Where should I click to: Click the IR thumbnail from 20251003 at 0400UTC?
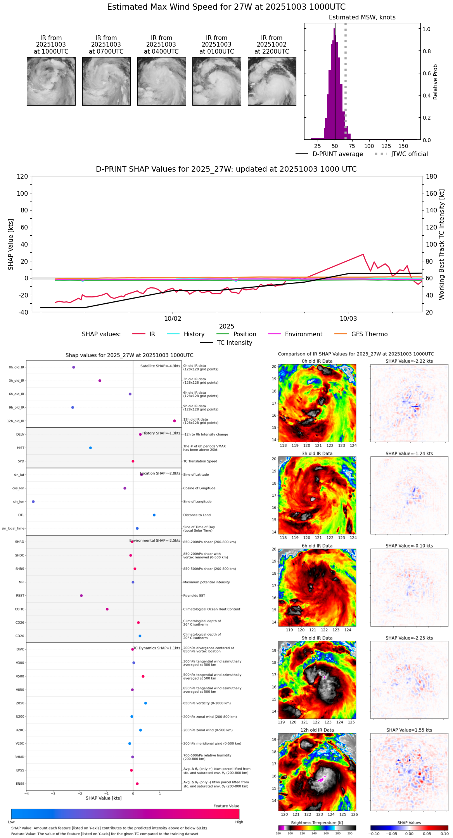tap(161, 81)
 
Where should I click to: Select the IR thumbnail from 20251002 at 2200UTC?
tap(272, 81)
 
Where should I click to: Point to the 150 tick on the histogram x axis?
tap(403, 146)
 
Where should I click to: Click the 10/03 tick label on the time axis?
tap(348, 319)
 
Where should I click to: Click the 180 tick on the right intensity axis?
tap(432, 177)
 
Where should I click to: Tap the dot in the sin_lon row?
tap(33, 502)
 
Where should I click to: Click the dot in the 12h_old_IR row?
tap(175, 421)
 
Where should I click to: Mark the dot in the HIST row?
tap(90, 448)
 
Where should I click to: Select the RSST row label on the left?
tap(20, 596)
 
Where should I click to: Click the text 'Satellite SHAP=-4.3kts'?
tap(160, 366)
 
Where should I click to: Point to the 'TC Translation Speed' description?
tap(200, 461)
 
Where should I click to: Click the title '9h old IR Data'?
tap(317, 638)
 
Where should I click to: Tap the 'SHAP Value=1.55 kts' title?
tap(409, 730)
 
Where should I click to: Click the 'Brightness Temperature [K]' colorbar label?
tap(317, 822)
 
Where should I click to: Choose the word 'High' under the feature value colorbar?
tap(239, 822)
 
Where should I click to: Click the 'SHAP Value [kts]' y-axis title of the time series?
tap(11, 244)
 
